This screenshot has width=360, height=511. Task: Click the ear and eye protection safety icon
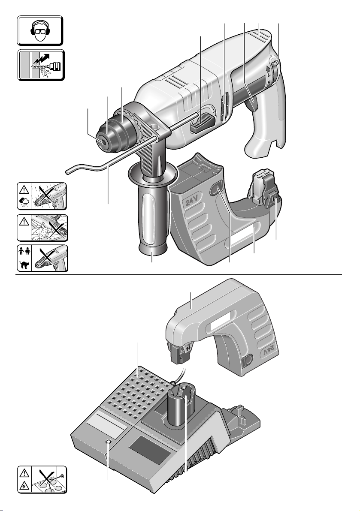click(40, 30)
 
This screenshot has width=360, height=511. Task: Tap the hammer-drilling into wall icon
click(41, 65)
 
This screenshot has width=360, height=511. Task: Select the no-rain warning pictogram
click(42, 196)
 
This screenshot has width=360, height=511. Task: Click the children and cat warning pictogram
click(42, 259)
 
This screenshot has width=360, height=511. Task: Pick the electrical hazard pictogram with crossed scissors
click(42, 479)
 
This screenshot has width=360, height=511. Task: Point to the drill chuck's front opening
click(103, 142)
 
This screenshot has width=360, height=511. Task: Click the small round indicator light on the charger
click(108, 442)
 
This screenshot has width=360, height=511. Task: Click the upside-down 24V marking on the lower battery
click(269, 353)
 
